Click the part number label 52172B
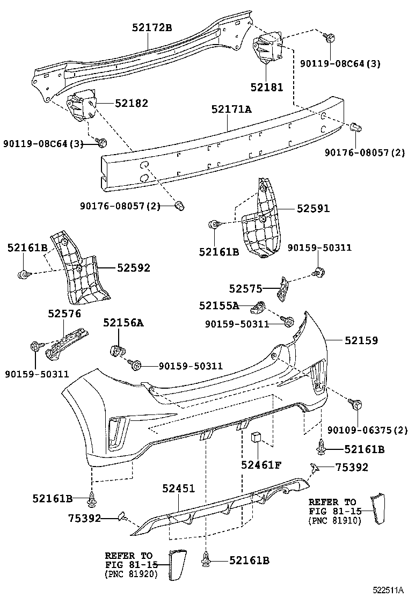pyautogui.click(x=152, y=28)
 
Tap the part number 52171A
pyautogui.click(x=231, y=110)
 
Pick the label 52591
pyautogui.click(x=314, y=208)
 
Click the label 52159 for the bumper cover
pyautogui.click(x=361, y=340)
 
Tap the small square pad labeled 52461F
pyautogui.click(x=256, y=437)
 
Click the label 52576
pyautogui.click(x=64, y=313)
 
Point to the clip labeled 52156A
pyautogui.click(x=116, y=351)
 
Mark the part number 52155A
pyautogui.click(x=218, y=305)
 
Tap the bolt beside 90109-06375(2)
pyautogui.click(x=354, y=404)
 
